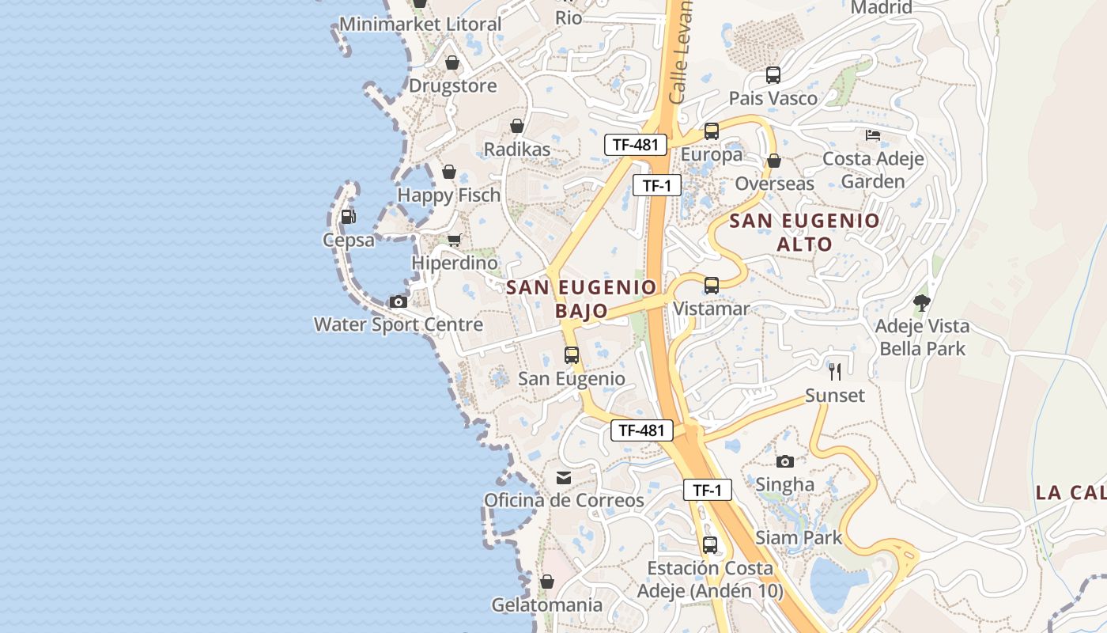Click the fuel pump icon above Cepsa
pyautogui.click(x=348, y=216)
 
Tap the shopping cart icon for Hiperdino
pyautogui.click(x=454, y=240)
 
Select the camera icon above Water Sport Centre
pyautogui.click(x=398, y=301)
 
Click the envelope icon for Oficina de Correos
pyautogui.click(x=564, y=478)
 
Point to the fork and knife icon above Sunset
pyautogui.click(x=835, y=371)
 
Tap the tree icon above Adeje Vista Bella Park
pyautogui.click(x=921, y=302)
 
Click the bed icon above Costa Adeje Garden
pyautogui.click(x=873, y=135)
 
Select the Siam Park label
pyautogui.click(x=799, y=538)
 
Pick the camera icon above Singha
pyautogui.click(x=784, y=461)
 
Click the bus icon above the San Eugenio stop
pyautogui.click(x=572, y=355)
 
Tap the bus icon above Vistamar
pyautogui.click(x=711, y=286)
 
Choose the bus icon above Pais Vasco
pyautogui.click(x=773, y=75)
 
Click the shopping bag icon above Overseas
pyautogui.click(x=774, y=161)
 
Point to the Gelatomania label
pyautogui.click(x=547, y=605)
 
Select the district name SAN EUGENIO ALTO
pyautogui.click(x=804, y=232)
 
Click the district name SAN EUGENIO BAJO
pyautogui.click(x=581, y=298)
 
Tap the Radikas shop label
pyautogui.click(x=517, y=149)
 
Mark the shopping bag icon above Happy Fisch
pyautogui.click(x=448, y=172)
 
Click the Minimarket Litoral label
pyautogui.click(x=421, y=24)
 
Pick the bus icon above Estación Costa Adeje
pyautogui.click(x=710, y=545)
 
